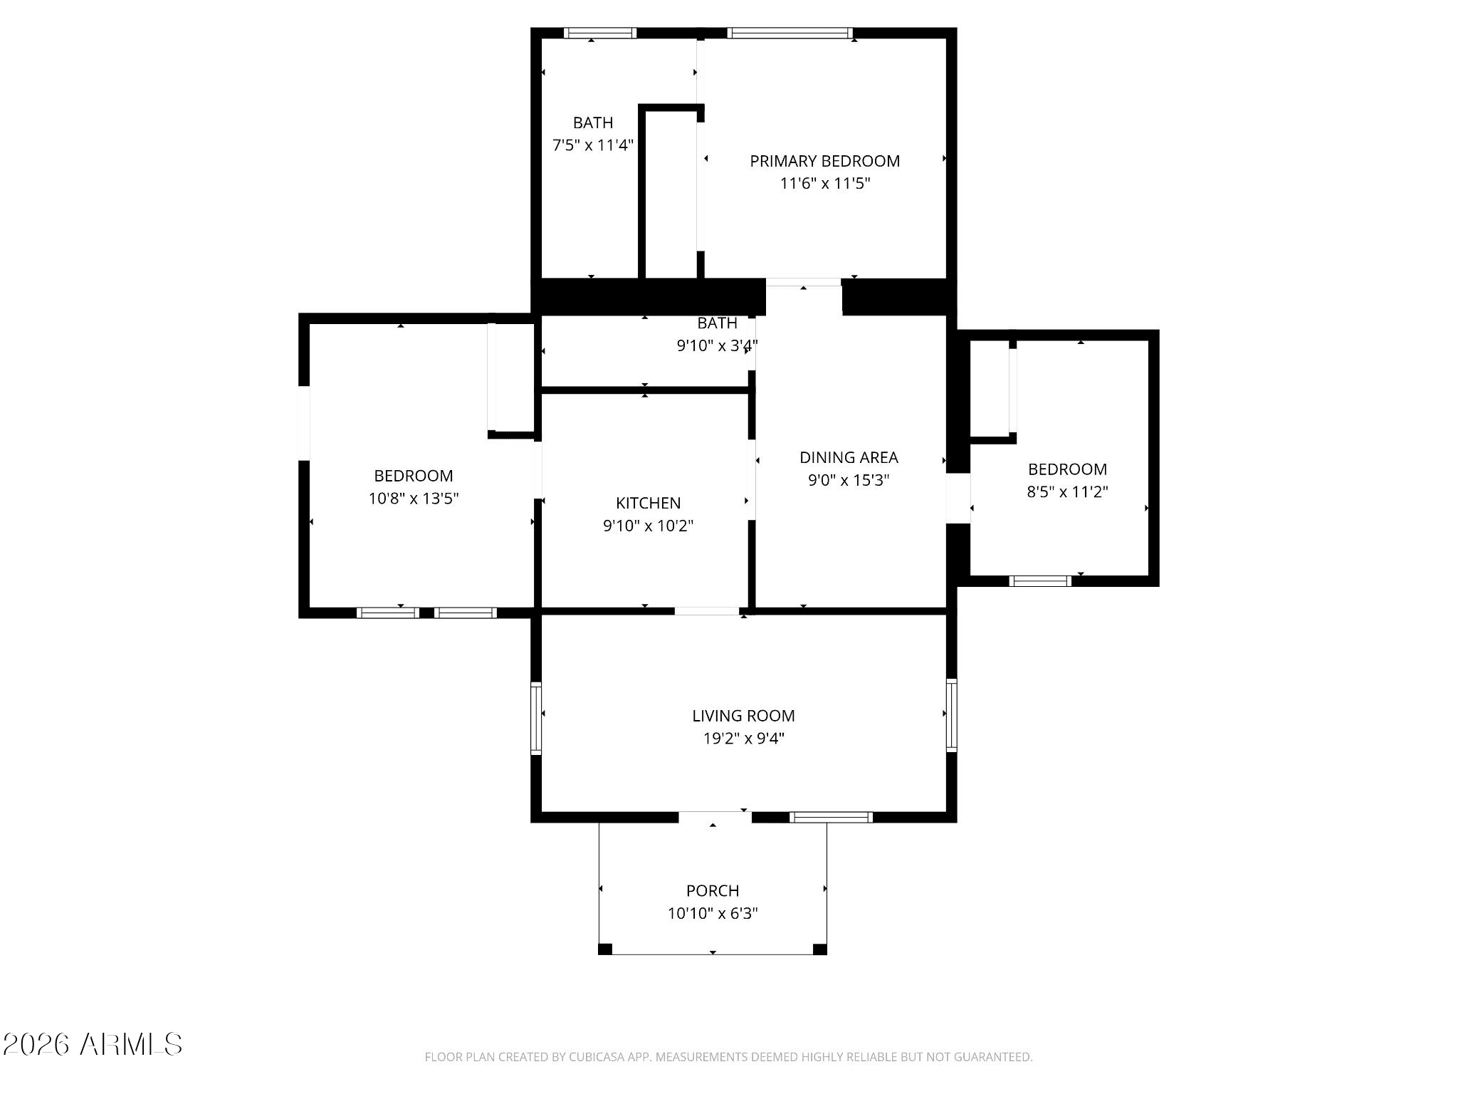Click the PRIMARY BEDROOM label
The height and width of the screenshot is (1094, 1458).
point(824,161)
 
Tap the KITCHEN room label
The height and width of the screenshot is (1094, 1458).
point(648,503)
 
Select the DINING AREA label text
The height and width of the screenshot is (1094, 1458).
point(849,457)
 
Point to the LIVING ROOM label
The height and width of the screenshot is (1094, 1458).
point(743,716)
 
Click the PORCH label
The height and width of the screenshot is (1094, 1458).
point(713,890)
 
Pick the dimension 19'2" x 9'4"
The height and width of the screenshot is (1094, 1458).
point(743,739)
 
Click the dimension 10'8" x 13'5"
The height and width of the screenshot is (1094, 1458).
point(413,499)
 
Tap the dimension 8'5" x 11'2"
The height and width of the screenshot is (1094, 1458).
point(1067,491)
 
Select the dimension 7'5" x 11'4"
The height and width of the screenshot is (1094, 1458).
point(592,145)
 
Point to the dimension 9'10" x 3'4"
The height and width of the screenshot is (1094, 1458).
point(716,346)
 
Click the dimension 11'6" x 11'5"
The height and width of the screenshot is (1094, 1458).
point(824,184)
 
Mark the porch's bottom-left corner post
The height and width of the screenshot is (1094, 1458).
point(605,949)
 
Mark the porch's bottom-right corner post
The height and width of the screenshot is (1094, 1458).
point(819,949)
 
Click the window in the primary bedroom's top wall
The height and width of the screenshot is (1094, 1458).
point(790,33)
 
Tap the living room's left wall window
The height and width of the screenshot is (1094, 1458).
point(536,718)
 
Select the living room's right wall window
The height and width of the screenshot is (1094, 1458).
point(951,714)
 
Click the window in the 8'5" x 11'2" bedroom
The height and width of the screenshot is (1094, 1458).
point(1041,581)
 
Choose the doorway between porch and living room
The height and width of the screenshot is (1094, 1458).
point(715,817)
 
